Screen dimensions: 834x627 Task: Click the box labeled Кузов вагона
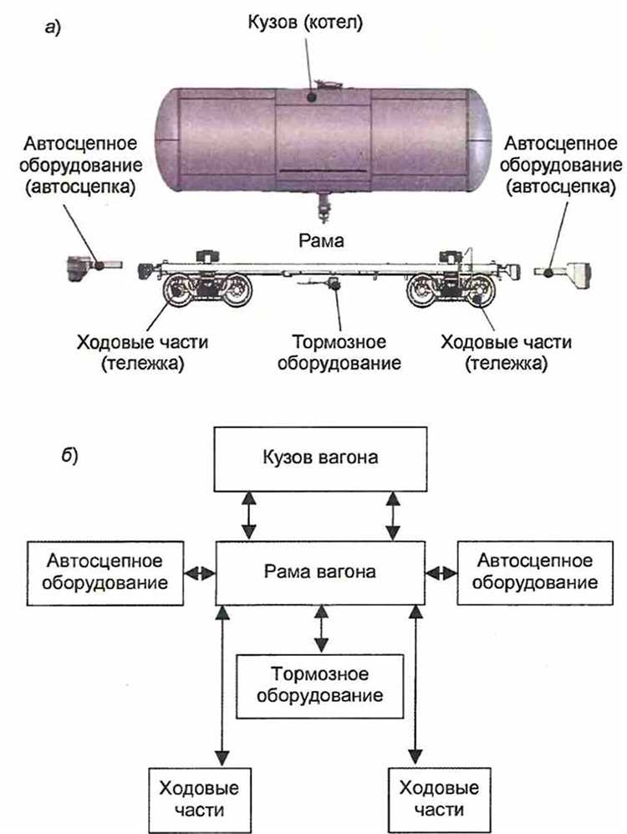pos(319,459)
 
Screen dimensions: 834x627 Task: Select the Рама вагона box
pos(319,573)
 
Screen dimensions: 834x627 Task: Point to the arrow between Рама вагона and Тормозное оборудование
pos(319,628)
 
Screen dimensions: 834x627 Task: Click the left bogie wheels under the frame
pos(207,293)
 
